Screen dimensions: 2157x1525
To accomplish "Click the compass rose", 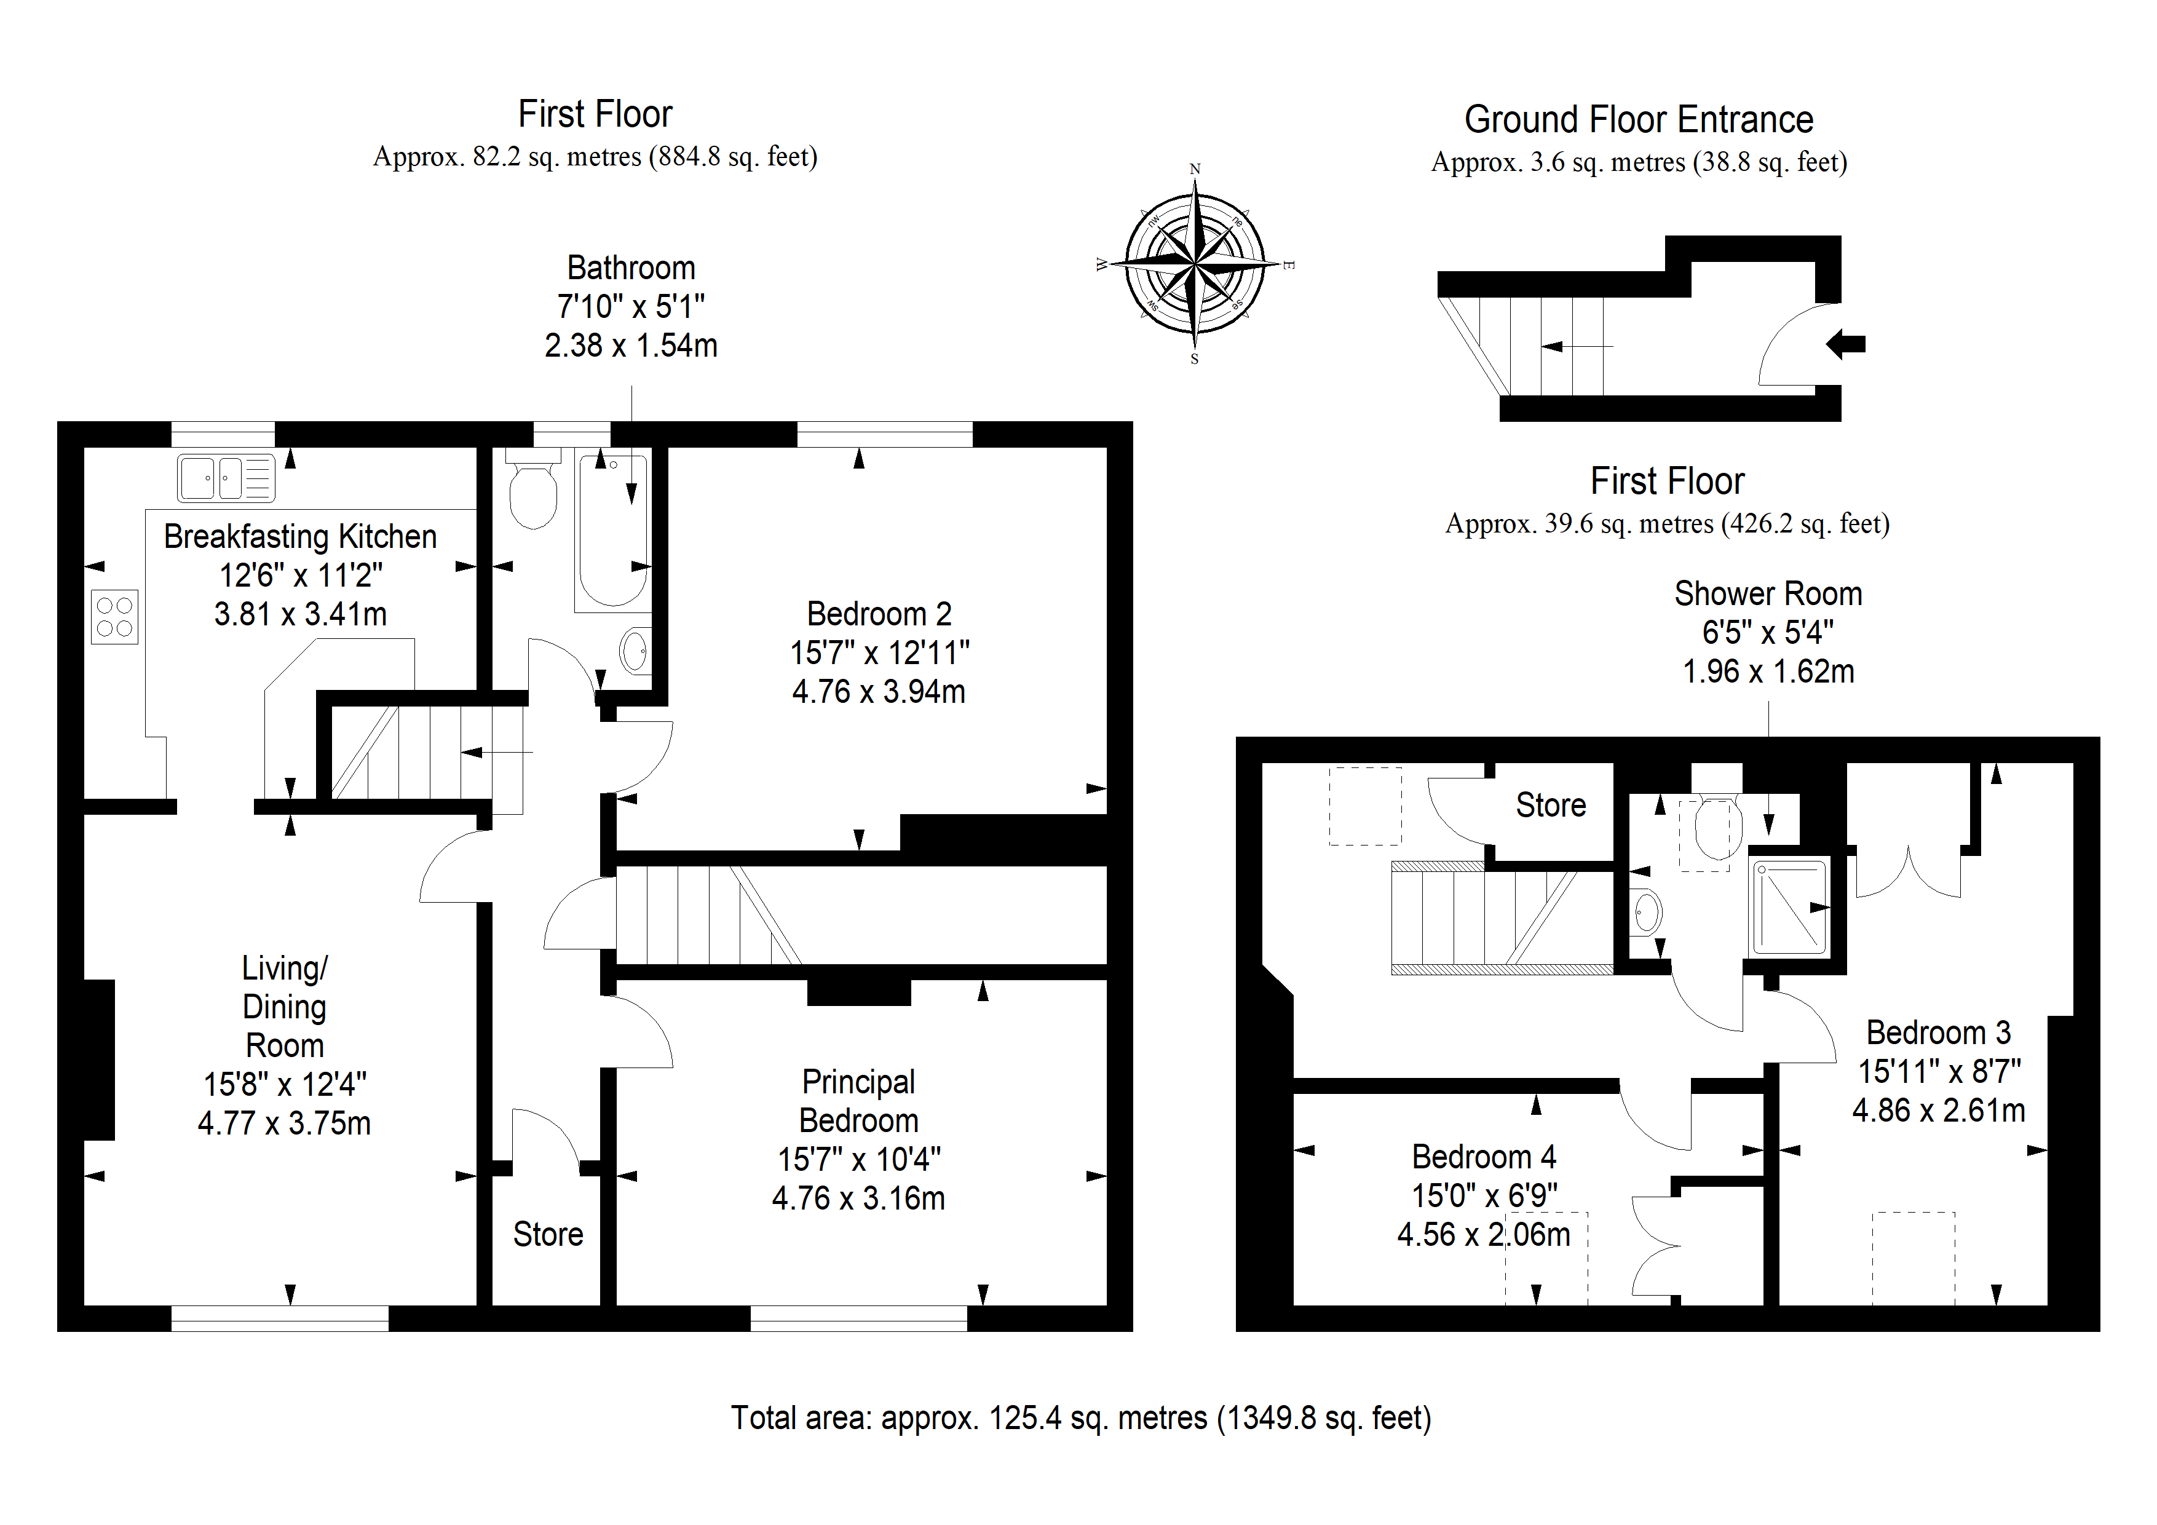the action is (1195, 263).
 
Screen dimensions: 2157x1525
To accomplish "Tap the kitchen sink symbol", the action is (226, 478).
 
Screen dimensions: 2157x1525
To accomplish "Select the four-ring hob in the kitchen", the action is (114, 616).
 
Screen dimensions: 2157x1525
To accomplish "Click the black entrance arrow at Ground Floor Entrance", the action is (1845, 345).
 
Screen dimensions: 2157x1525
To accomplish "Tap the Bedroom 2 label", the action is (879, 614).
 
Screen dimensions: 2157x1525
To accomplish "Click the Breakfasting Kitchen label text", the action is (301, 537).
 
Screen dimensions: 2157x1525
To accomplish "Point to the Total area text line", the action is (1082, 1418).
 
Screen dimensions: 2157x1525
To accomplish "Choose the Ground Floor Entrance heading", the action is (1639, 119).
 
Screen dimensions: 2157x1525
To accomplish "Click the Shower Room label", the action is (1768, 594).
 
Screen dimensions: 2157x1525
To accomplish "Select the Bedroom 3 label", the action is (1938, 1032).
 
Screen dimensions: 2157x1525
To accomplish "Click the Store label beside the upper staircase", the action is (1551, 806).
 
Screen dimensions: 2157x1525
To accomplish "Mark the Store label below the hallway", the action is (548, 1234).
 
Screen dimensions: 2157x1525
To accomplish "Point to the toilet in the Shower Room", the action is (1718, 827).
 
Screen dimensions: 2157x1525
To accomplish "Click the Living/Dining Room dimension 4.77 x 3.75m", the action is (283, 1123).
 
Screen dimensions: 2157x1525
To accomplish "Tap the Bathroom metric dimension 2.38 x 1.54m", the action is (631, 345).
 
